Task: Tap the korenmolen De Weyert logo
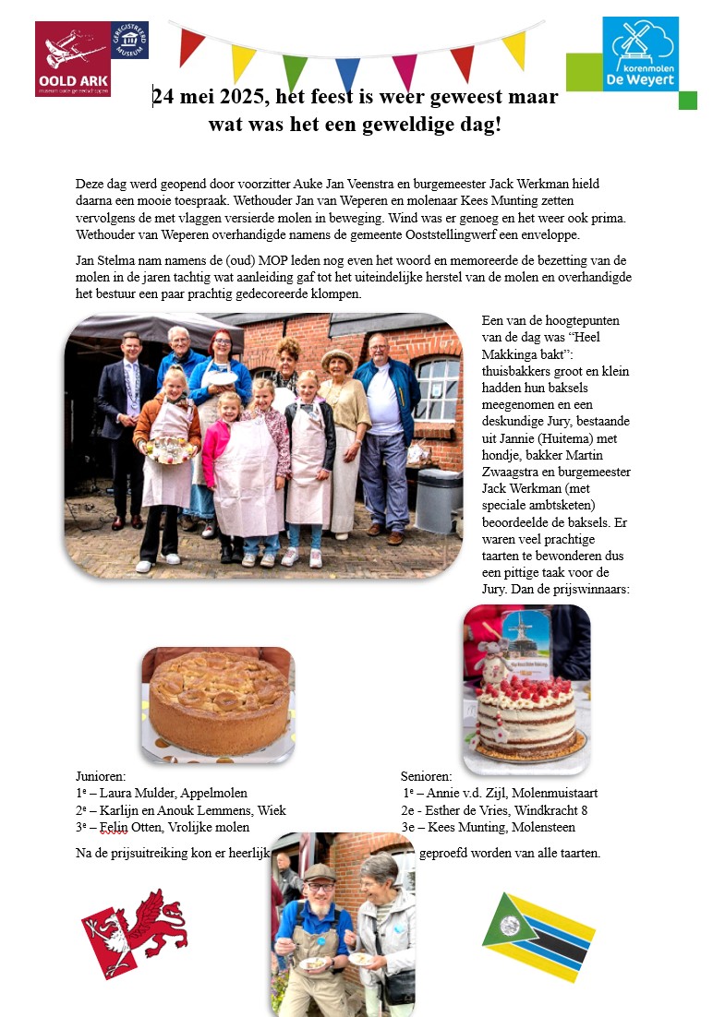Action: coord(640,54)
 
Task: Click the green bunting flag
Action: coord(294,71)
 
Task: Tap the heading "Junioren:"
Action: coord(101,776)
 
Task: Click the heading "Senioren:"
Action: coord(427,776)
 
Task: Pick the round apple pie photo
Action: coord(219,703)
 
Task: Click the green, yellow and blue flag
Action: coord(538,937)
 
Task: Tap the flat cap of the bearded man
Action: coord(319,871)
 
